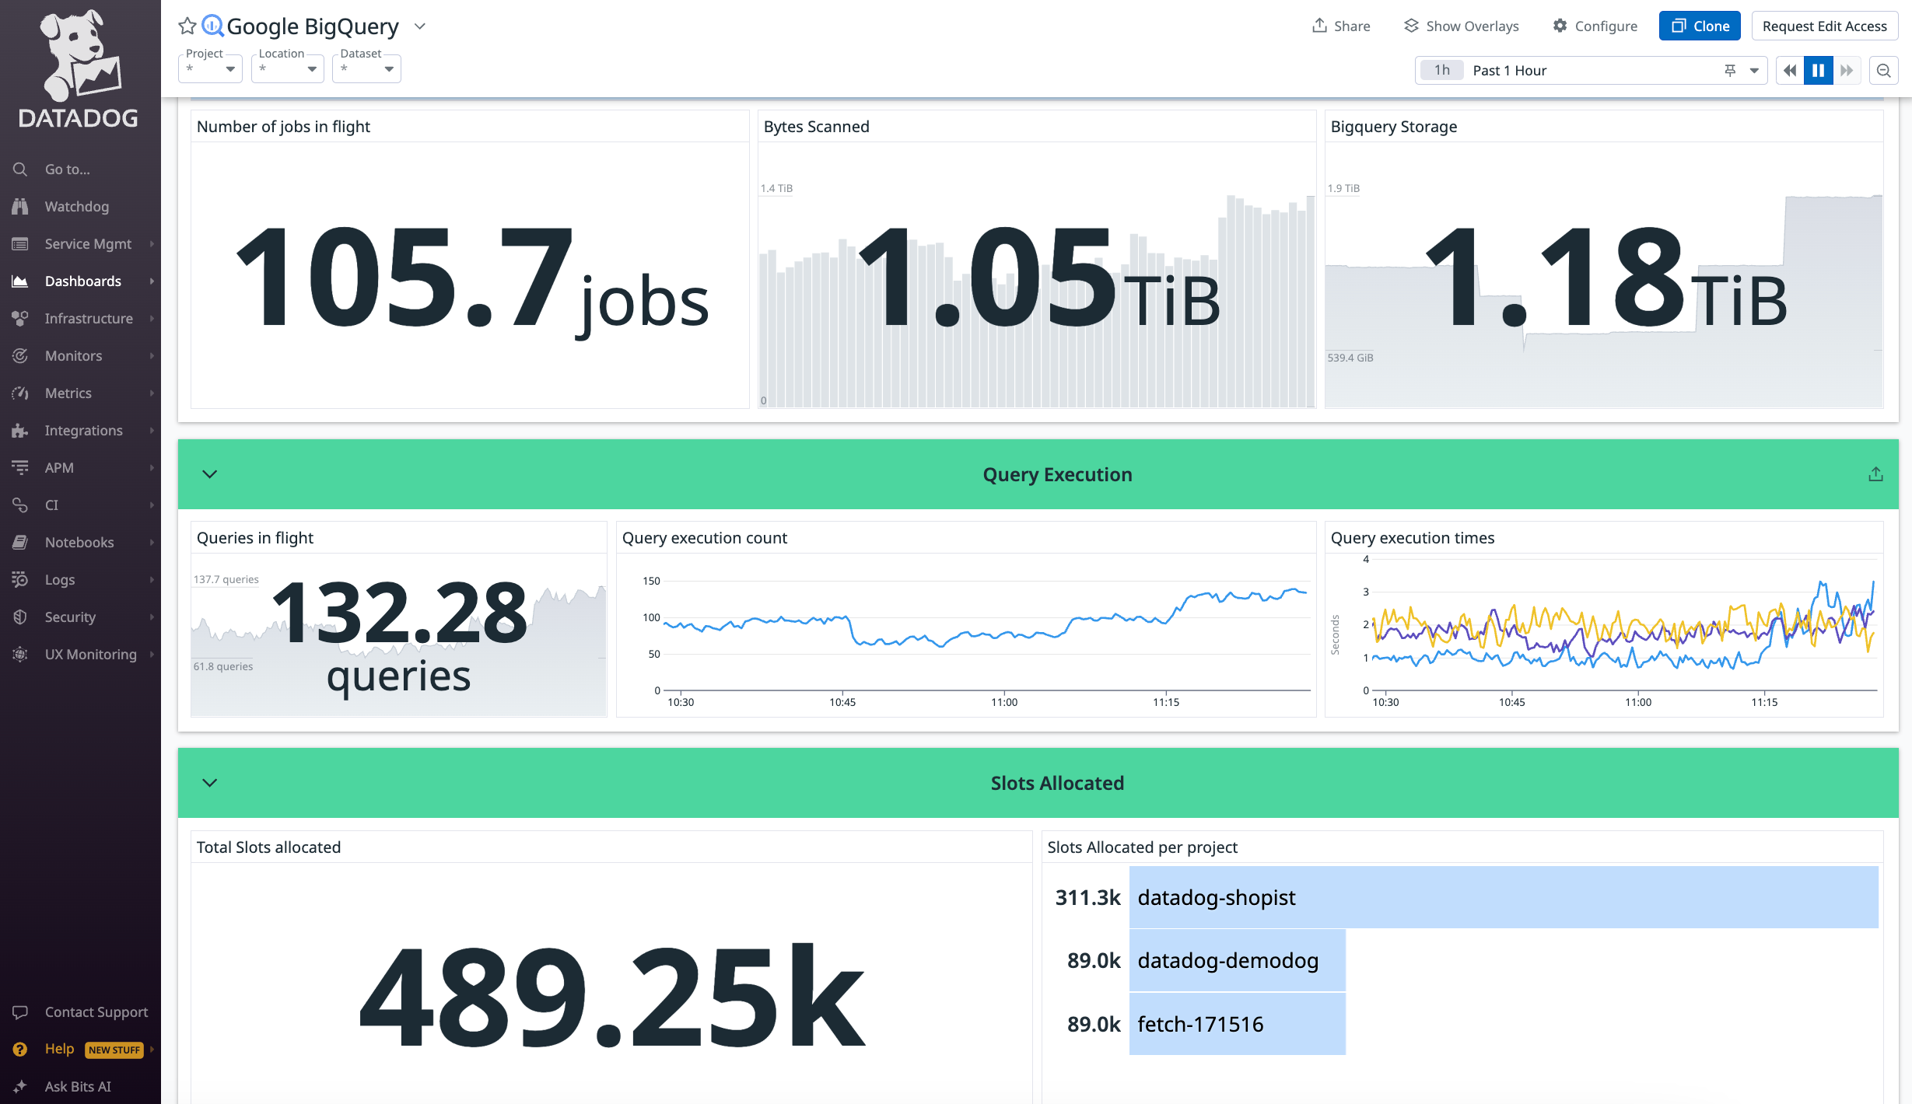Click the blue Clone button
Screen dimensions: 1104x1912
(x=1700, y=26)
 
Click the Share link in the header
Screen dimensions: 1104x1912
(x=1341, y=26)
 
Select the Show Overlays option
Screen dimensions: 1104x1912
(x=1462, y=26)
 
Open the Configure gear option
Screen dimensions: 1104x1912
(x=1595, y=26)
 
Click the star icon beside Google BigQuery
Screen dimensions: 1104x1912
(x=187, y=26)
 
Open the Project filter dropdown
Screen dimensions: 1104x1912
(x=210, y=68)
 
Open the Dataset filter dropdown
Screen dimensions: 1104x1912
(x=366, y=68)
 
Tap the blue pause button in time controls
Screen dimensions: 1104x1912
(x=1818, y=70)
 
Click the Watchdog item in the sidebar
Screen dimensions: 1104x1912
(x=76, y=206)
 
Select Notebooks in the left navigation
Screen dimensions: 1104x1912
(x=79, y=542)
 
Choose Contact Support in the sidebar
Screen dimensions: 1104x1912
(x=96, y=1011)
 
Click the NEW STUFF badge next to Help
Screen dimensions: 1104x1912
(x=114, y=1050)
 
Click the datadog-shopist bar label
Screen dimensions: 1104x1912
(x=1216, y=897)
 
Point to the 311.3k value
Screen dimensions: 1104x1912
(x=1087, y=897)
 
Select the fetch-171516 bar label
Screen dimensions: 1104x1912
(x=1200, y=1024)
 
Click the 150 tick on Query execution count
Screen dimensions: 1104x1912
(x=651, y=581)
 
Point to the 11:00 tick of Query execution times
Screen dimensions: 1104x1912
(x=1637, y=702)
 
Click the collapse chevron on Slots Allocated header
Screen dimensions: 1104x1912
(x=210, y=783)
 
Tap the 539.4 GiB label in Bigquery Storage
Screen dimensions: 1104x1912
(x=1350, y=358)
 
